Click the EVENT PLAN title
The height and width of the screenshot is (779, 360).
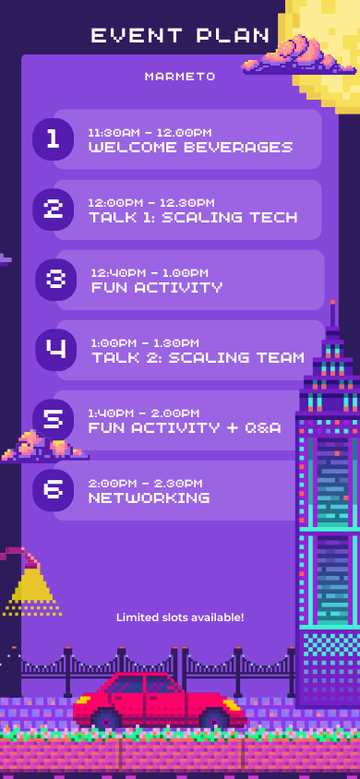(180, 35)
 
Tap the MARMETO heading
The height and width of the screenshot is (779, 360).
(180, 77)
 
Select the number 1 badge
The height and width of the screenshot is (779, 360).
(54, 139)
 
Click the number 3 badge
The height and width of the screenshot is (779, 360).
(56, 280)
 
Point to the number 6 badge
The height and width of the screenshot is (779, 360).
(54, 490)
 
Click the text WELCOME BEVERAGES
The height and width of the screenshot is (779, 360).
(191, 147)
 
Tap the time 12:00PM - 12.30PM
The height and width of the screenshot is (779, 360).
(151, 203)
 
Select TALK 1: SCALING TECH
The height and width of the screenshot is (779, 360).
(193, 217)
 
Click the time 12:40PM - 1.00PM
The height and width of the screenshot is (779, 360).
(150, 273)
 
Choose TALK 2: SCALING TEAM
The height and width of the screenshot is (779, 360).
(198, 357)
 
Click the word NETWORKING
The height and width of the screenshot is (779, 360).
(149, 497)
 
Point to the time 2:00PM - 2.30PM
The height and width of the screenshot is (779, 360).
(146, 484)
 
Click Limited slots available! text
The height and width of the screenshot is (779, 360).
(180, 617)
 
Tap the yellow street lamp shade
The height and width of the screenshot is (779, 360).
(32, 587)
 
